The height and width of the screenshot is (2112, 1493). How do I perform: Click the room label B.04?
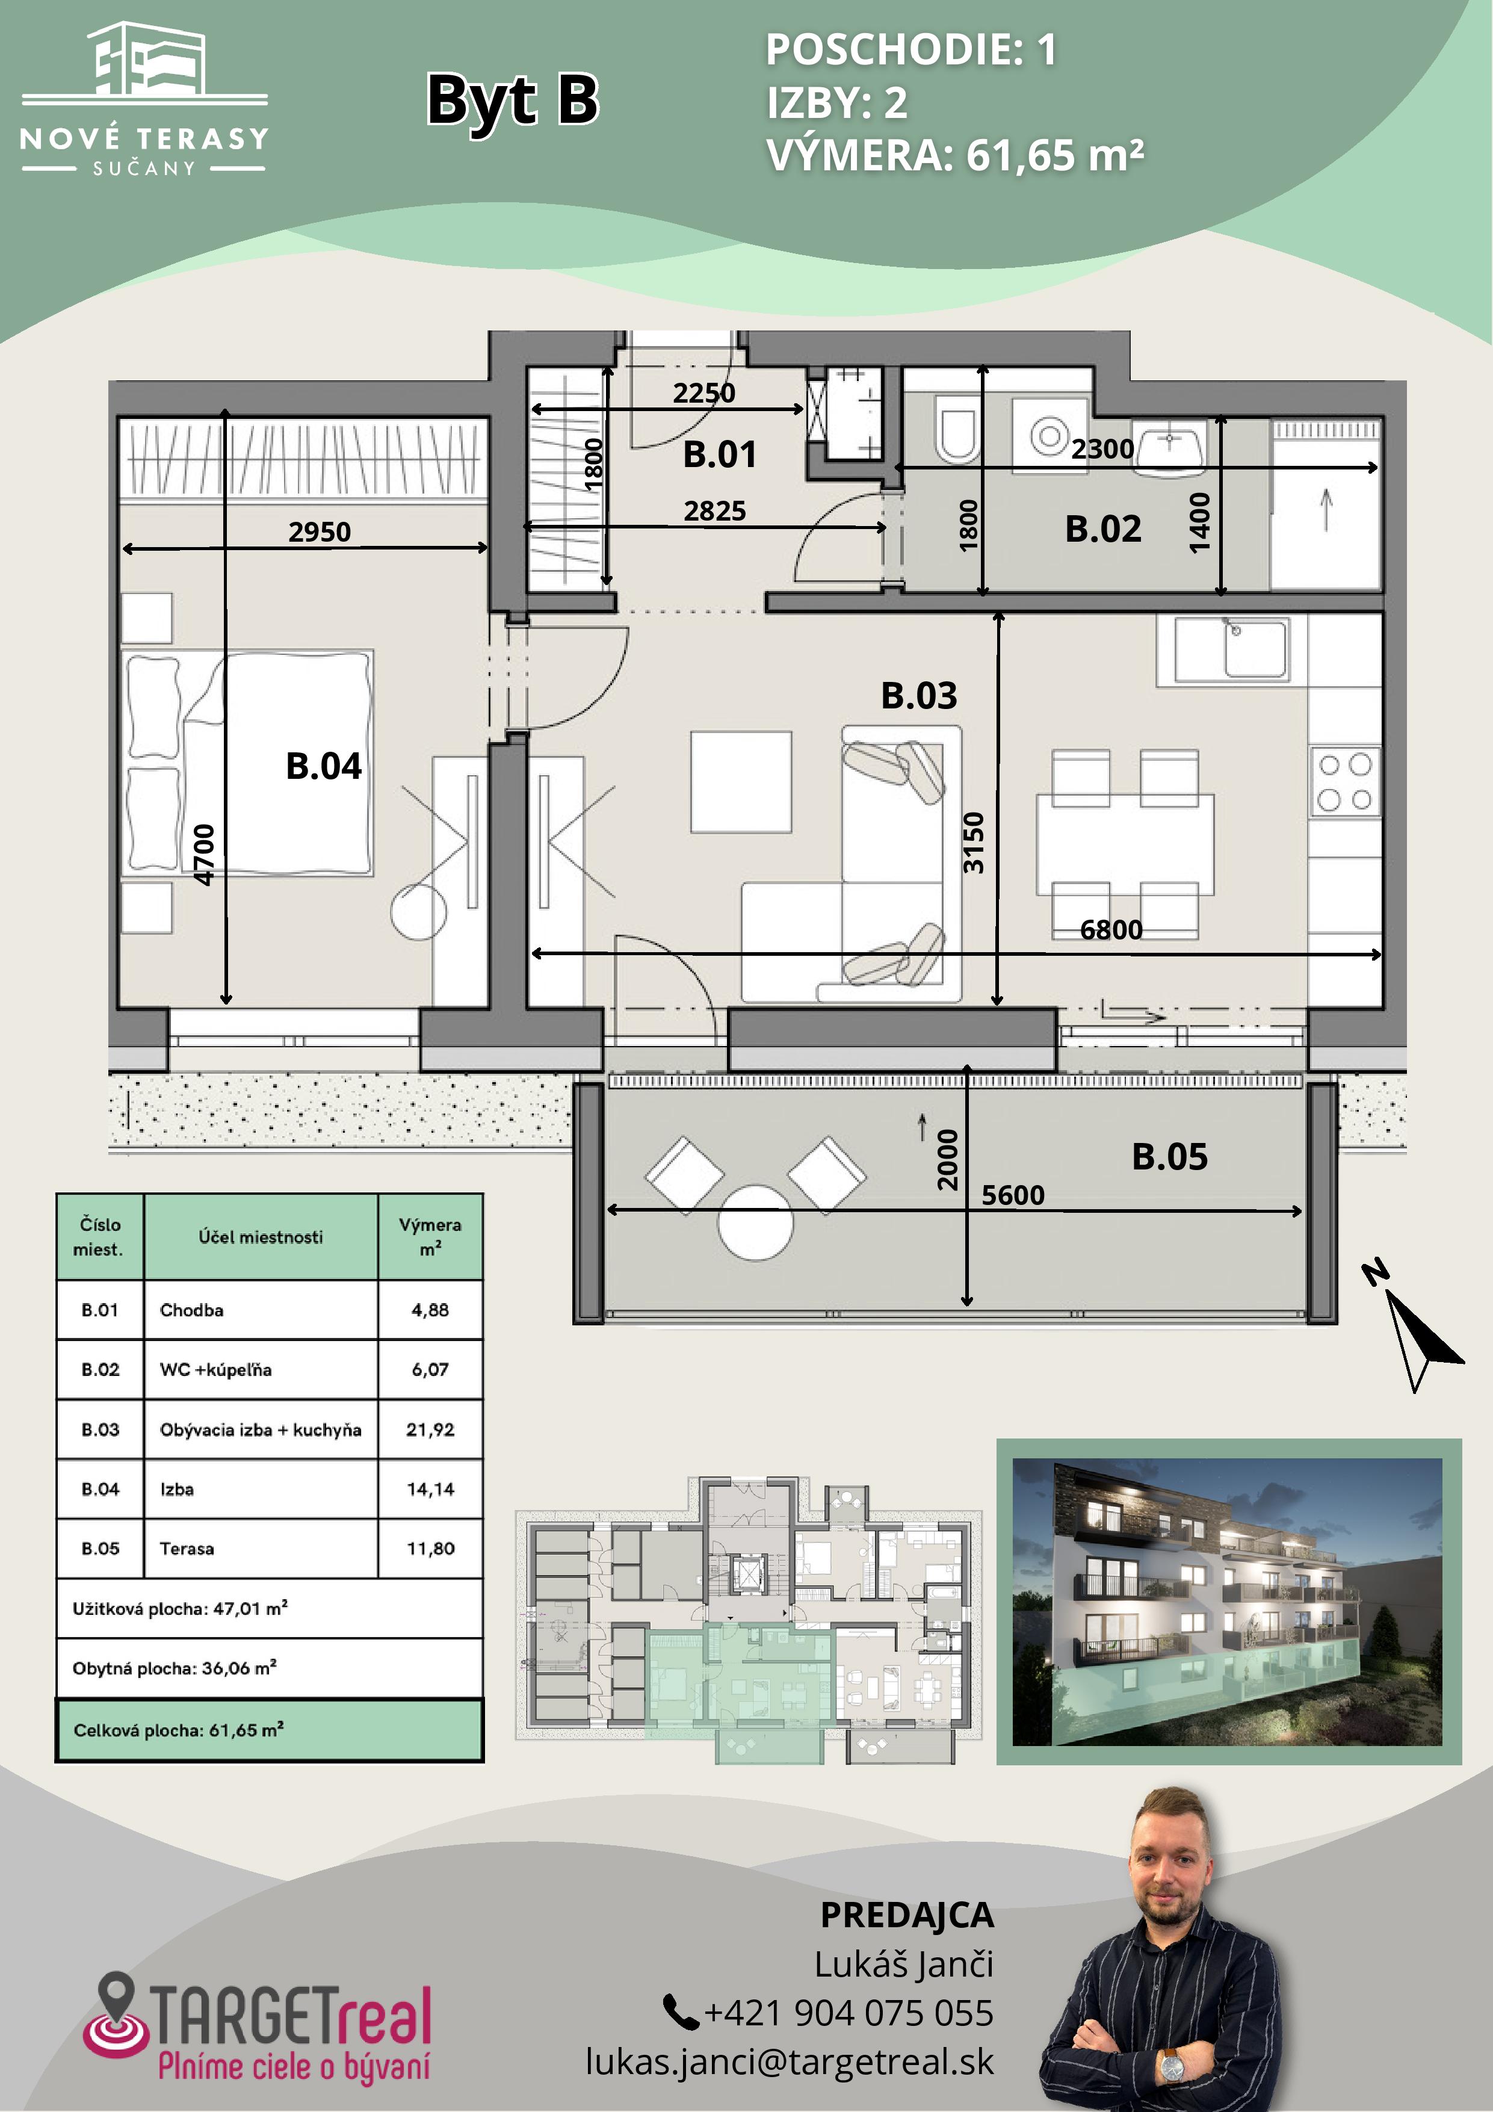tap(324, 766)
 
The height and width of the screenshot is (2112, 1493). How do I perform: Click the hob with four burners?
tap(1345, 782)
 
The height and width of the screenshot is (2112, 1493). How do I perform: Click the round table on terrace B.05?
tap(755, 1222)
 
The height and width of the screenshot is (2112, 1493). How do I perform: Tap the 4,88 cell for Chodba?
tap(430, 1310)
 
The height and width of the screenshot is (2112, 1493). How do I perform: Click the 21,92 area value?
tap(430, 1429)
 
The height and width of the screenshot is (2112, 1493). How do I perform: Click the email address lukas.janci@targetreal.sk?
tap(790, 2061)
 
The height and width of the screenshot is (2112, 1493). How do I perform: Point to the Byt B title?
tap(512, 99)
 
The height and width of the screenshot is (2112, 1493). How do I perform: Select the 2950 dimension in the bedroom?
tap(319, 531)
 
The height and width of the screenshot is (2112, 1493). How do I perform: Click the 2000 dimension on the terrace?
tap(948, 1159)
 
